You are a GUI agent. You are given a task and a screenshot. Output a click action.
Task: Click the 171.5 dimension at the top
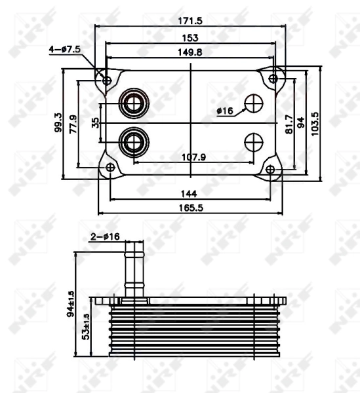click(190, 21)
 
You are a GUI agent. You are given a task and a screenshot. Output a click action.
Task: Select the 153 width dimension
click(190, 39)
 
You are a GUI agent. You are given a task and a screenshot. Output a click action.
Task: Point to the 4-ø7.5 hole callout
click(64, 48)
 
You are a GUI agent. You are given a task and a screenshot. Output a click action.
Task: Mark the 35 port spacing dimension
click(96, 122)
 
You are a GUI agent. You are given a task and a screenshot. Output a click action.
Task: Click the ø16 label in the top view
click(225, 111)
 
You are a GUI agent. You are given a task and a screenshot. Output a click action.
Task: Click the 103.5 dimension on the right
click(315, 122)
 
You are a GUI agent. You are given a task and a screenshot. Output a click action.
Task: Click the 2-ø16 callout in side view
click(105, 236)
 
